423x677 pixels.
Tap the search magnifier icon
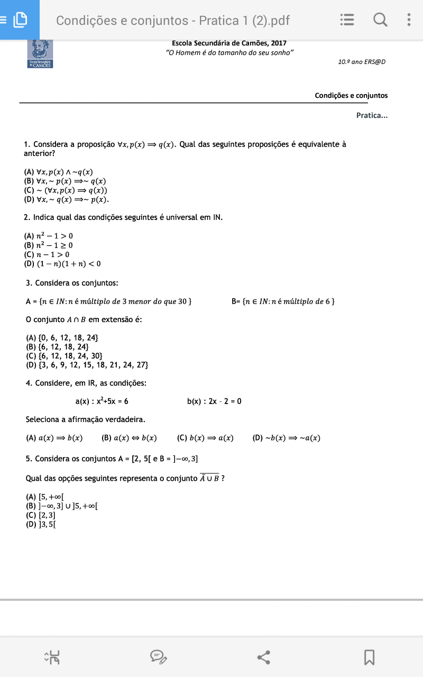pyautogui.click(x=380, y=20)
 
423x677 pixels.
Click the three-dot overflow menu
pyautogui.click(x=409, y=20)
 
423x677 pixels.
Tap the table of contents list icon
pyautogui.click(x=347, y=20)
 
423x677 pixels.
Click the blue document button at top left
pyautogui.click(x=20, y=20)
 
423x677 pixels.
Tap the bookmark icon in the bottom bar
pyautogui.click(x=369, y=657)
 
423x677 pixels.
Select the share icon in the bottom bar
pyautogui.click(x=264, y=657)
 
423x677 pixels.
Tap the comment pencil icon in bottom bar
pyautogui.click(x=158, y=657)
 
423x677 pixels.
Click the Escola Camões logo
pyautogui.click(x=40, y=53)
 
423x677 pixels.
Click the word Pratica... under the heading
pyautogui.click(x=372, y=115)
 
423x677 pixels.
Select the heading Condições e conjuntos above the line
pyautogui.click(x=351, y=96)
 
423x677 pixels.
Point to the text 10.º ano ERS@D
pyautogui.click(x=362, y=62)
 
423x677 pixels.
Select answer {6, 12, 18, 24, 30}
pyautogui.click(x=64, y=356)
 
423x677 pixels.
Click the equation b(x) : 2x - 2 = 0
pyautogui.click(x=214, y=401)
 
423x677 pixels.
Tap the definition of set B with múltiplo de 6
pyautogui.click(x=283, y=301)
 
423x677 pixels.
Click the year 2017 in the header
pyautogui.click(x=278, y=43)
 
